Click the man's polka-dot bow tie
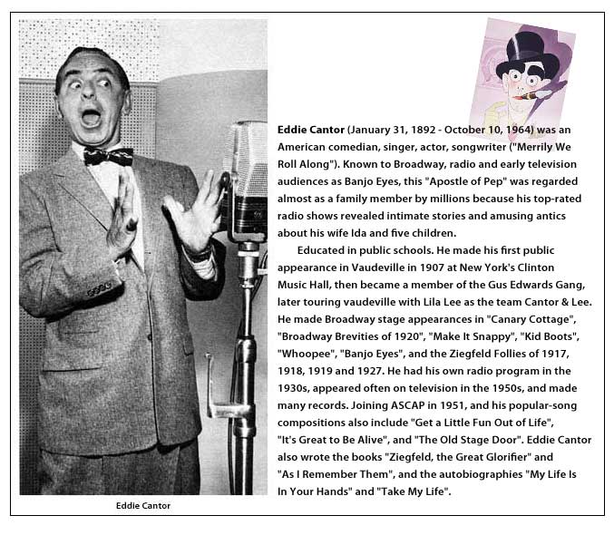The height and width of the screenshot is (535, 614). click(108, 156)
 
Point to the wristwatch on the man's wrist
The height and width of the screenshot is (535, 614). click(200, 253)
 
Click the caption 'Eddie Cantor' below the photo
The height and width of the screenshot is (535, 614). click(142, 506)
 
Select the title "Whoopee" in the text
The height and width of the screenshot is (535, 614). click(304, 354)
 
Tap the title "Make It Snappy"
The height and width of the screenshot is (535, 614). click(461, 336)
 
